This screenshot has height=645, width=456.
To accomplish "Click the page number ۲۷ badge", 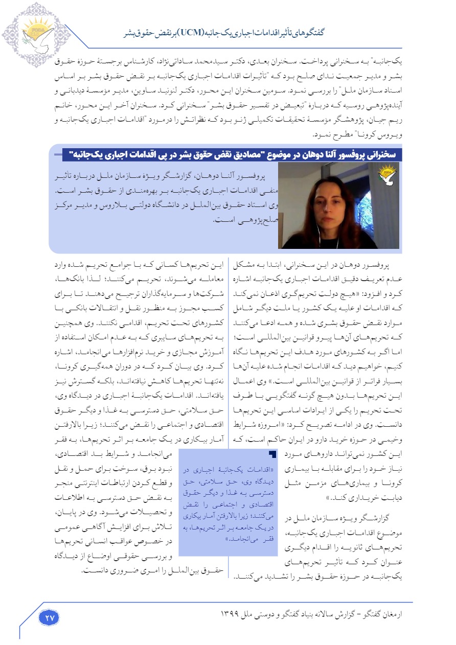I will [50, 617].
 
